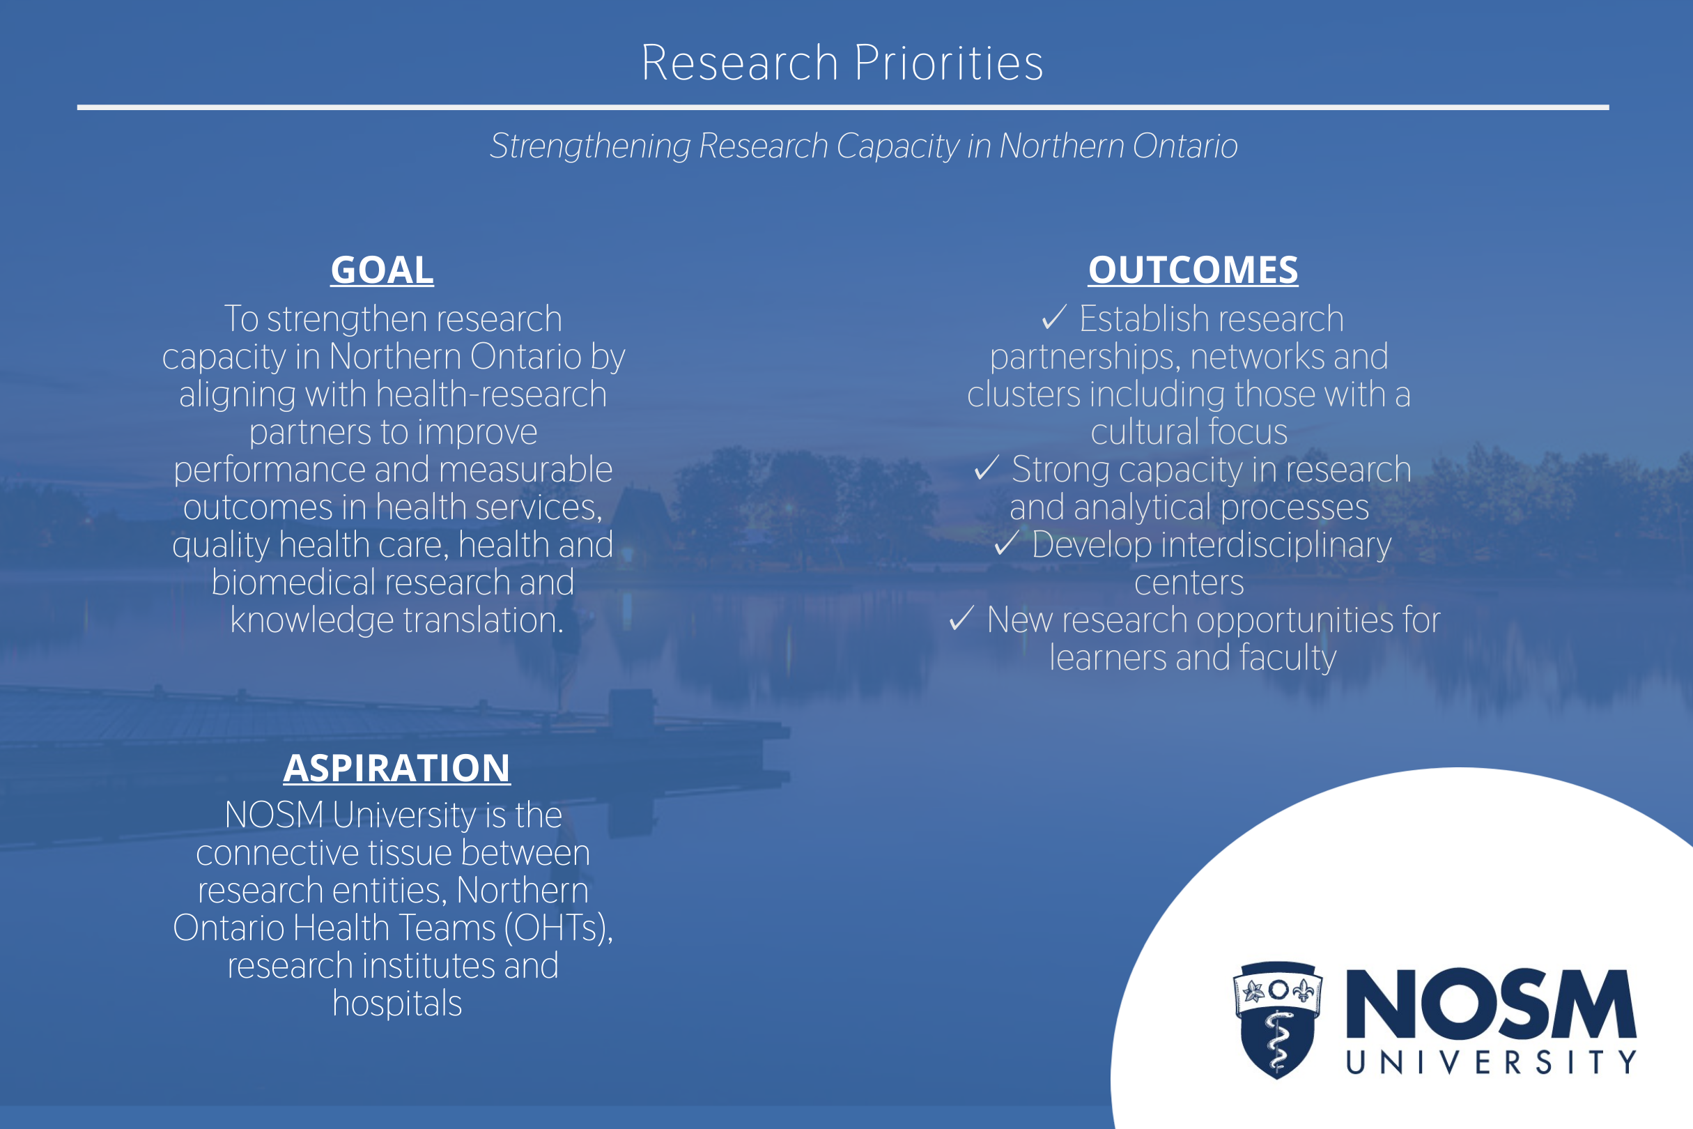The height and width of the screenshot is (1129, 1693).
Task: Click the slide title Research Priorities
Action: point(842,63)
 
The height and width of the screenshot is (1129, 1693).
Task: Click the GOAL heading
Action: point(382,270)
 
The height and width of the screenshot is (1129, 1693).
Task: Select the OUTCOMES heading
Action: point(1193,270)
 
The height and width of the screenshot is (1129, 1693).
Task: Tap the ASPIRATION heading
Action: point(396,767)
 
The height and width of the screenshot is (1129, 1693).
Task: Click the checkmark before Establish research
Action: point(1054,317)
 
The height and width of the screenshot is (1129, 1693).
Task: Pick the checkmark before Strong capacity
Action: point(986,468)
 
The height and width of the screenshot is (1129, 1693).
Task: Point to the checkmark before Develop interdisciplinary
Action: point(1006,543)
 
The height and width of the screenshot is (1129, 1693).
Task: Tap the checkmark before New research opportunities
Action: point(961,617)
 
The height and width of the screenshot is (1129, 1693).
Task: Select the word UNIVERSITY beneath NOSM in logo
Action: point(1492,1062)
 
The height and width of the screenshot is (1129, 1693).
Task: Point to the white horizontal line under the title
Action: point(843,107)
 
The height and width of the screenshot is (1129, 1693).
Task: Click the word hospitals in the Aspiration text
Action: point(397,1004)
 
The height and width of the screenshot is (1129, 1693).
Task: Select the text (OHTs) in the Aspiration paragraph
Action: point(559,928)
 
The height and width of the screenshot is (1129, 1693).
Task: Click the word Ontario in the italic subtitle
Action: point(1185,146)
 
